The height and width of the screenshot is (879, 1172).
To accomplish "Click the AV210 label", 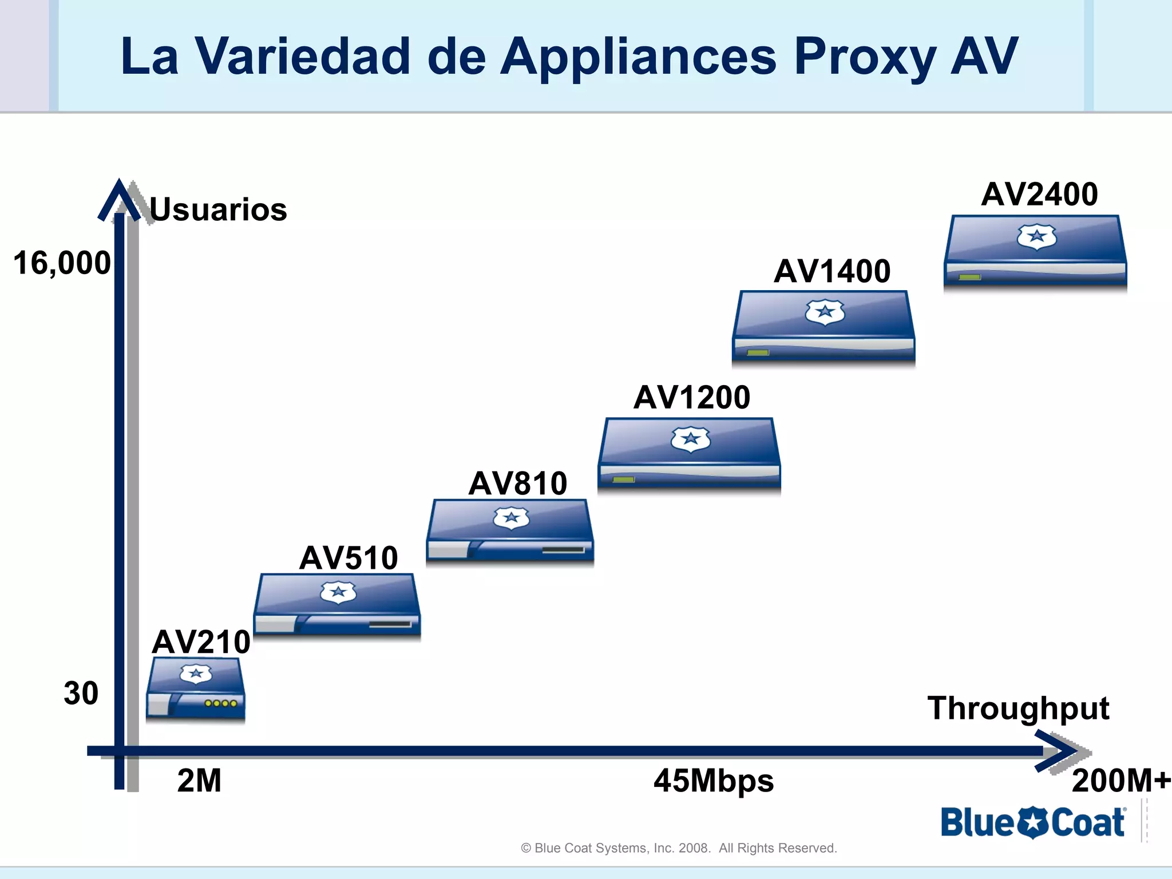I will click(x=201, y=642).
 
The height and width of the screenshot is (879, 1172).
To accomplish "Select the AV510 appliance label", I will click(x=348, y=557).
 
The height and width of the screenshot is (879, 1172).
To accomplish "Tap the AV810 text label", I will click(x=517, y=484).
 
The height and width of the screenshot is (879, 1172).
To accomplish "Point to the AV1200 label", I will click(x=691, y=397).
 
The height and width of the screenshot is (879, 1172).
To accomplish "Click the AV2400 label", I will click(x=1039, y=194).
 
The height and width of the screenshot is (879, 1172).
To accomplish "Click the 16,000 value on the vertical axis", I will click(x=62, y=263).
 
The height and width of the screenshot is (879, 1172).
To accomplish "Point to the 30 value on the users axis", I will click(x=81, y=693).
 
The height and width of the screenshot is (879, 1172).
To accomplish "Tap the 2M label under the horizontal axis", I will click(x=199, y=781).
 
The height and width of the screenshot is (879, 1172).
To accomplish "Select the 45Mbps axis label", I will click(x=714, y=781).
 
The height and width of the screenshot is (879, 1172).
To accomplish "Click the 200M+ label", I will click(x=1120, y=781).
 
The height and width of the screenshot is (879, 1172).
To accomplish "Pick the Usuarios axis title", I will click(x=218, y=209).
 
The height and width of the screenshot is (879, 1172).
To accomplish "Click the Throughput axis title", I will click(x=1018, y=708).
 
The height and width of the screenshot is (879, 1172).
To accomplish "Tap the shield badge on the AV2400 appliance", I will click(x=1036, y=236).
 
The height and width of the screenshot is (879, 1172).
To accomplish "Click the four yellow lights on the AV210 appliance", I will click(x=221, y=703).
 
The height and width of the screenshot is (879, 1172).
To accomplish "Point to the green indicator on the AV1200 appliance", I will click(x=623, y=480).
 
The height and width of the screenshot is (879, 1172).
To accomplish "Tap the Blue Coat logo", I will click(x=1033, y=823).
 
